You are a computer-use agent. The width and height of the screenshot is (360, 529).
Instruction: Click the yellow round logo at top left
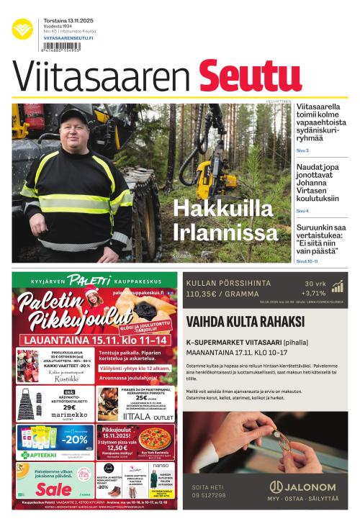(22, 29)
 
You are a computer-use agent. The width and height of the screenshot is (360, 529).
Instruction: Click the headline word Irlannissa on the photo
(225, 232)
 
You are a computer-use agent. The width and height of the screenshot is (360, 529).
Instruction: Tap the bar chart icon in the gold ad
(336, 287)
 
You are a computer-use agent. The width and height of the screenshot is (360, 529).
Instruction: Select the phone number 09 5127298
(209, 495)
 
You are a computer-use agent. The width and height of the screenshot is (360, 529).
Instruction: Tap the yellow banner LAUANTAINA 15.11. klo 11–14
(96, 339)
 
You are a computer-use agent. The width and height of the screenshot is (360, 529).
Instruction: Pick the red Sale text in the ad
(54, 489)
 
